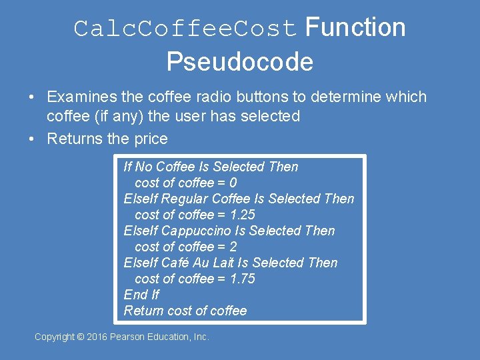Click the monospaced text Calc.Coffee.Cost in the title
pyautogui.click(x=186, y=29)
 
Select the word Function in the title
pyautogui.click(x=355, y=28)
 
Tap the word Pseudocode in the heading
pyautogui.click(x=239, y=62)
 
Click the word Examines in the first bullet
pyautogui.click(x=81, y=97)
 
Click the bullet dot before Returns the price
pyautogui.click(x=32, y=139)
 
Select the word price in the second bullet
pyautogui.click(x=150, y=139)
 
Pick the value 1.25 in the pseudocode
pyautogui.click(x=242, y=215)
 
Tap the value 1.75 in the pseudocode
pyautogui.click(x=242, y=279)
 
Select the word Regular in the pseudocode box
pyautogui.click(x=185, y=199)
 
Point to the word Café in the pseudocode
pyautogui.click(x=176, y=263)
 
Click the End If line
pyautogui.click(x=141, y=295)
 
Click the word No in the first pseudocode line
pyautogui.click(x=143, y=167)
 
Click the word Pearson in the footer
pyautogui.click(x=131, y=337)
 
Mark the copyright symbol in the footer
pyautogui.click(x=81, y=337)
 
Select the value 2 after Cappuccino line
pyautogui.click(x=233, y=247)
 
